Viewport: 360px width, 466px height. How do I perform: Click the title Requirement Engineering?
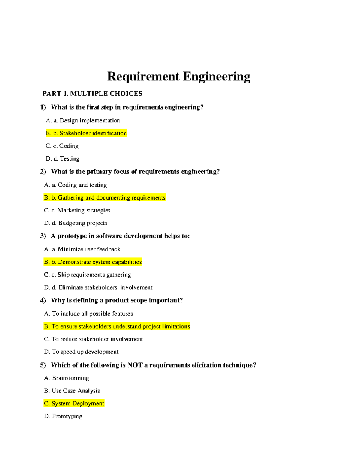pos(179,77)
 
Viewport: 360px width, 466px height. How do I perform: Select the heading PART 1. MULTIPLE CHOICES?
pos(92,94)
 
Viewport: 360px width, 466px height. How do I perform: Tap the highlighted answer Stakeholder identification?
pos(86,133)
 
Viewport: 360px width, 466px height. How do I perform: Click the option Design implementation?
pos(83,121)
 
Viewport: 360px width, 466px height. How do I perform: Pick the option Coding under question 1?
pos(62,146)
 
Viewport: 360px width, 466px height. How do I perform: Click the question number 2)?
pos(43,172)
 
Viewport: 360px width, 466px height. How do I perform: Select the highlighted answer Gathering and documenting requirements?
pos(105,198)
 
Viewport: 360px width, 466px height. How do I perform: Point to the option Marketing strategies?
pos(77,210)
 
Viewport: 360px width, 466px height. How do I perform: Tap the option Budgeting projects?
pos(76,223)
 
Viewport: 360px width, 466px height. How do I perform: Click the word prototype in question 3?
pos(72,236)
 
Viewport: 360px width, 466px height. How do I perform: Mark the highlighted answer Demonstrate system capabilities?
pos(93,262)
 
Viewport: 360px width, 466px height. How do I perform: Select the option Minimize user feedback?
pos(82,249)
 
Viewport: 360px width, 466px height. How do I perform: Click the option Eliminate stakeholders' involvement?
pos(98,287)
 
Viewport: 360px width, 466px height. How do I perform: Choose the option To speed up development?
pos(81,352)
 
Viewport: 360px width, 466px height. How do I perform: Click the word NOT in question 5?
pos(135,365)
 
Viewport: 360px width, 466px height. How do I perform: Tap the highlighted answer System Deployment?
pos(74,404)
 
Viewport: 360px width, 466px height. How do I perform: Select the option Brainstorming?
pos(67,378)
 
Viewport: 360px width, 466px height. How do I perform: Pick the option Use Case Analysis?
pos(72,391)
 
